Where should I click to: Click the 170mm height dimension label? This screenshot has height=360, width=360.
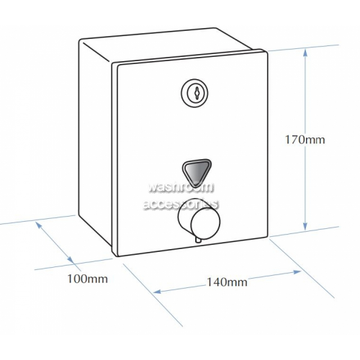click(305, 140)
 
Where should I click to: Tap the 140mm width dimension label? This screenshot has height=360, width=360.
click(227, 282)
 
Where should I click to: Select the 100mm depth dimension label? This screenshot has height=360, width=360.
click(88, 279)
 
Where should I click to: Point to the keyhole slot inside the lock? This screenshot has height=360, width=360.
click(197, 93)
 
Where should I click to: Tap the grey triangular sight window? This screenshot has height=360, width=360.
click(197, 171)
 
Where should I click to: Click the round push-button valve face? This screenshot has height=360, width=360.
click(205, 222)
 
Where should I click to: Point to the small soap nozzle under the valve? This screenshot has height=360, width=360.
click(198, 239)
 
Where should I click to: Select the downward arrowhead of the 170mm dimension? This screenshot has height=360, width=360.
click(305, 225)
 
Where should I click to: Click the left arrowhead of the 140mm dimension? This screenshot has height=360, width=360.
click(158, 292)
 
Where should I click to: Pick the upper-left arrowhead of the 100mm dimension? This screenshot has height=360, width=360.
click(39, 225)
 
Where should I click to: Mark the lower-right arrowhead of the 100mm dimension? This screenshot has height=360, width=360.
click(70, 259)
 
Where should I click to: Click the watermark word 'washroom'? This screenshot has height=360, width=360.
click(181, 187)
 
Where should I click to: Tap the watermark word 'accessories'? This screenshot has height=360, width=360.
click(181, 204)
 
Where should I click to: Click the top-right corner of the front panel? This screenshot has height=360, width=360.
click(267, 50)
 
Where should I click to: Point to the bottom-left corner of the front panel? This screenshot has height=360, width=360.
click(115, 256)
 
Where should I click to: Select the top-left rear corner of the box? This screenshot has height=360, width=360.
click(80, 40)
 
